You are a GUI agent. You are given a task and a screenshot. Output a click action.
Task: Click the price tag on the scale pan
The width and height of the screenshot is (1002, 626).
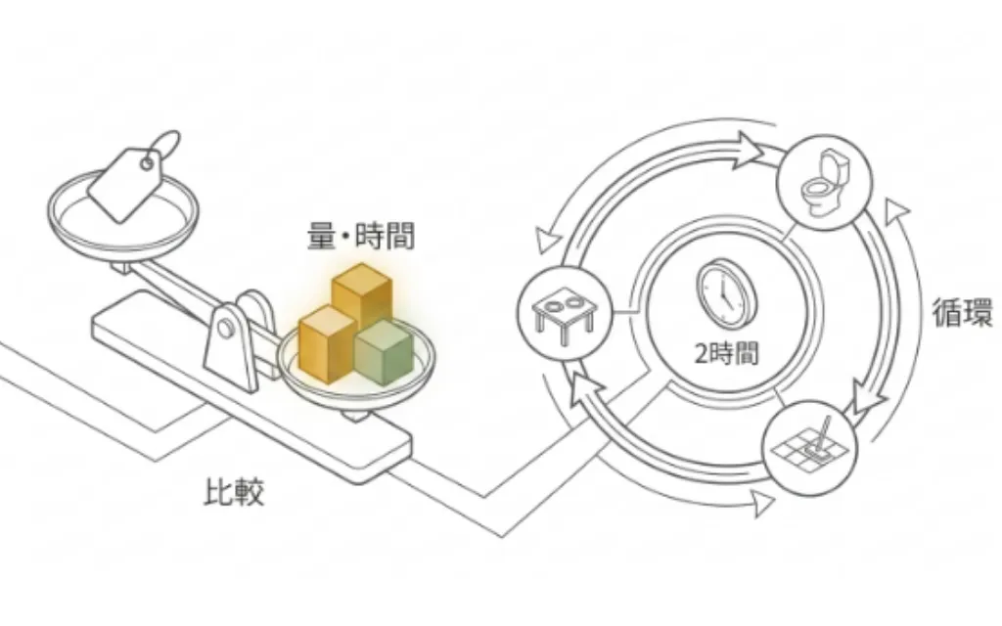126,184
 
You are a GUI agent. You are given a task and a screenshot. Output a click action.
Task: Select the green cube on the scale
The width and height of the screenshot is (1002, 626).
384,351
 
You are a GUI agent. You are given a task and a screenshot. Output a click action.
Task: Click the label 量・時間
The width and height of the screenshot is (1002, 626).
361,236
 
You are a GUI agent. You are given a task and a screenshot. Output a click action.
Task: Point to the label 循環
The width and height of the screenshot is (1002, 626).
963,312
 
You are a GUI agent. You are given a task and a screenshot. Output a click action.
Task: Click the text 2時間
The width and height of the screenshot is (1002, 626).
727,353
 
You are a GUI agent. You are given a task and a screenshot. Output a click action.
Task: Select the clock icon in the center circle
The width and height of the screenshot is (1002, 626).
726,291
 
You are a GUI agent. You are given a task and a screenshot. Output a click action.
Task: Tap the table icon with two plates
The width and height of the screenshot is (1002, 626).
565,314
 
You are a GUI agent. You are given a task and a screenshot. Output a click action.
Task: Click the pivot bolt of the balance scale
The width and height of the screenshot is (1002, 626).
225,329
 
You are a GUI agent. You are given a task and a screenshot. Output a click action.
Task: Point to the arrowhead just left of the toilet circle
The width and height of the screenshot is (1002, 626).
748,150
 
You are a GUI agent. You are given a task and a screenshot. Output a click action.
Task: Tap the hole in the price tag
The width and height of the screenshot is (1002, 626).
147,164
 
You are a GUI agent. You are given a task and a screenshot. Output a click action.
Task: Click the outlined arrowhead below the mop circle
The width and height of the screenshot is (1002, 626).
761,503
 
